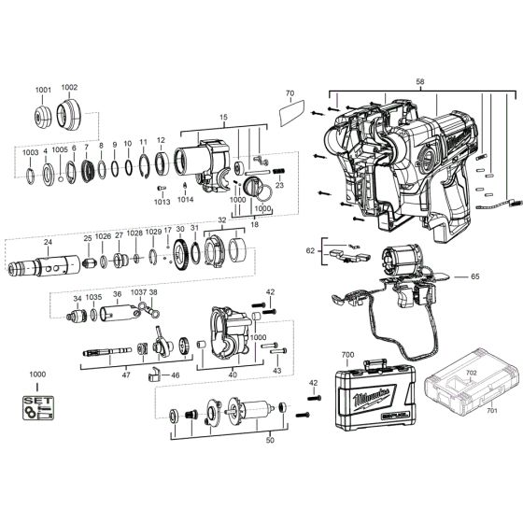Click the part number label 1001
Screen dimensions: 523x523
click(x=45, y=89)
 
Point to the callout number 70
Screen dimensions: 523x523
click(x=289, y=93)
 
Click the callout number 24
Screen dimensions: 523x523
click(x=47, y=240)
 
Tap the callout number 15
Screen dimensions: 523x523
click(x=223, y=116)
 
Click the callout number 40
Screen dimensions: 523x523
click(x=233, y=374)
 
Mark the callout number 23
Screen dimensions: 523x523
click(x=278, y=185)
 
